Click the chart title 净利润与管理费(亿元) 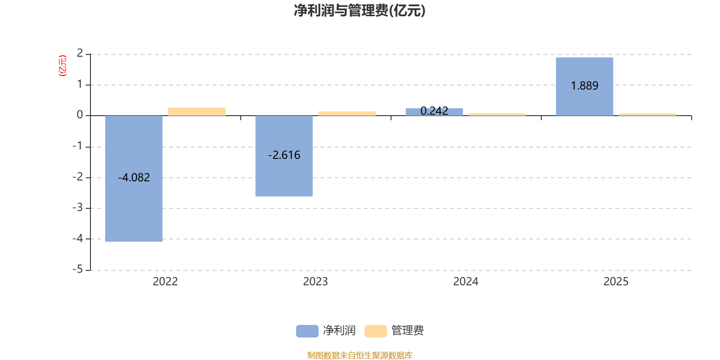pos(360,10)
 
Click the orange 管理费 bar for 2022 pos(197,112)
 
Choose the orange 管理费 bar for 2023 pos(347,113)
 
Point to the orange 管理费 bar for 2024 pos(497,114)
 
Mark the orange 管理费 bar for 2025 pos(648,114)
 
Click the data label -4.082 pos(134,178)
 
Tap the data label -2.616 pos(284,155)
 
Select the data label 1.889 pos(584,86)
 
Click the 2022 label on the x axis pos(165,282)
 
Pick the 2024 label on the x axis pos(466,282)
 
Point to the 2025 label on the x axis pos(616,282)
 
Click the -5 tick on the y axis pos(78,269)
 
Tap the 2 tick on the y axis pos(80,54)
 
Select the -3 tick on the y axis pos(78,207)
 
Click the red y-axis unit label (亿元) pos(63,66)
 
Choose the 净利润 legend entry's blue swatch pos(307,331)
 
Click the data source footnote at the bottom pos(360,355)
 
